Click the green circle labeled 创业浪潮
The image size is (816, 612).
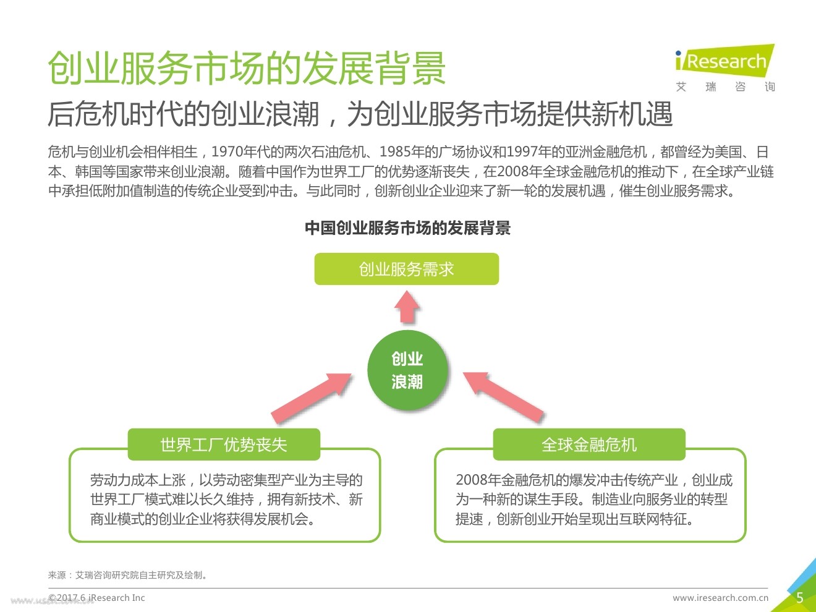(x=407, y=370)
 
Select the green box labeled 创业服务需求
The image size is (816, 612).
(x=406, y=269)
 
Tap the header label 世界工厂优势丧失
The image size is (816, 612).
(x=224, y=444)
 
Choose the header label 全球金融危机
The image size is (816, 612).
(x=589, y=444)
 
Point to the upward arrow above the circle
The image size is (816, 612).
(x=407, y=307)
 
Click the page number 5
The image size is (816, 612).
(x=799, y=597)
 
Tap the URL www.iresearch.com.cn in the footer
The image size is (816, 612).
(x=720, y=598)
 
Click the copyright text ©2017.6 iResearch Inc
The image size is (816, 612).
(x=97, y=598)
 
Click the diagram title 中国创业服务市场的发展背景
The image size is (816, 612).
(x=407, y=228)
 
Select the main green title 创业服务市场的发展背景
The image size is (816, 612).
(x=247, y=68)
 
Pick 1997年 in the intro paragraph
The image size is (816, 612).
(x=540, y=152)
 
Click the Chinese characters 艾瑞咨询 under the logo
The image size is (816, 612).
(x=725, y=87)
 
